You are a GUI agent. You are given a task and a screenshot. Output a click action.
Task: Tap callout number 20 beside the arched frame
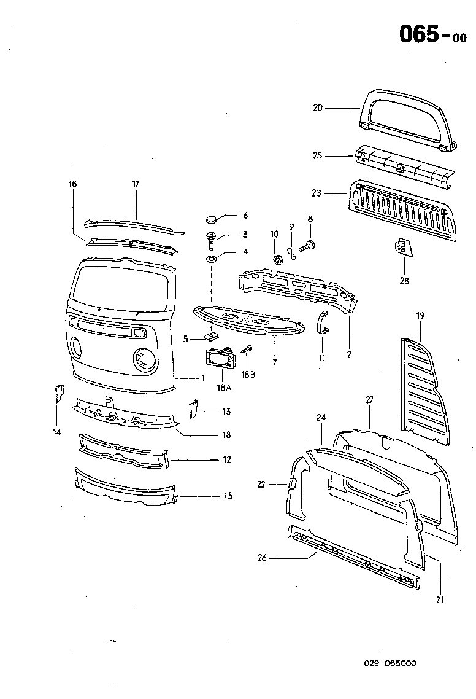click(317, 108)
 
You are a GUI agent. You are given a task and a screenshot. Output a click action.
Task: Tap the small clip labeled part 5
click(212, 335)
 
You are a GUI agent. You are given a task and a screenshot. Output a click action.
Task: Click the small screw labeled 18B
click(248, 349)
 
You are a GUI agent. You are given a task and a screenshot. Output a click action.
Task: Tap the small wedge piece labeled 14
click(60, 393)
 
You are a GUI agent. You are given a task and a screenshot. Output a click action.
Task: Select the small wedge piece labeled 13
click(192, 408)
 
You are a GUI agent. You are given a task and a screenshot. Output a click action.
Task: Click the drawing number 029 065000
click(390, 663)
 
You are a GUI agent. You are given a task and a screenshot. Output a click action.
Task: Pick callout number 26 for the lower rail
click(263, 558)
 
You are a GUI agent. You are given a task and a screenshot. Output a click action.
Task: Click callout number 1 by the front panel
click(204, 377)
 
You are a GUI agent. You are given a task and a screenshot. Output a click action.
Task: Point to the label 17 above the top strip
click(136, 183)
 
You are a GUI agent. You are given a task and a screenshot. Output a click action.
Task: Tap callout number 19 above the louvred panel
click(420, 316)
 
